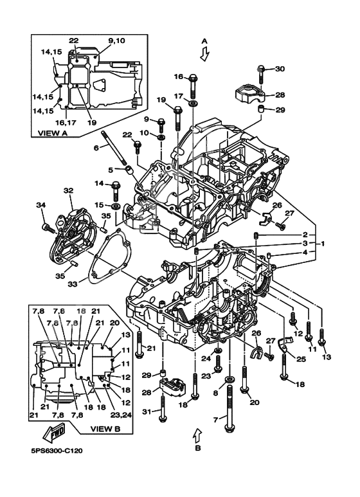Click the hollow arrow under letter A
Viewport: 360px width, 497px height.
pyautogui.click(x=204, y=54)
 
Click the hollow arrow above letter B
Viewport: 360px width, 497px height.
pyautogui.click(x=197, y=435)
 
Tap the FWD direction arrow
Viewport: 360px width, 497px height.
pyautogui.click(x=54, y=433)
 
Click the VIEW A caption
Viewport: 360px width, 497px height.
pyautogui.click(x=53, y=133)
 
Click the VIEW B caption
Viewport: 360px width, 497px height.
pyautogui.click(x=105, y=429)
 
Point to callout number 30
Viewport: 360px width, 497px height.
pyautogui.click(x=280, y=69)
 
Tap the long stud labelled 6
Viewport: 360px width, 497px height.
pyautogui.click(x=114, y=148)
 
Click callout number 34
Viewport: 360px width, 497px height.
pyautogui.click(x=40, y=204)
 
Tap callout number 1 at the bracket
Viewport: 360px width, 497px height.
pyautogui.click(x=322, y=244)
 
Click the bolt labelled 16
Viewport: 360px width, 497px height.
pyautogui.click(x=194, y=86)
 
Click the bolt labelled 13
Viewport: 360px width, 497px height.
pyautogui.click(x=322, y=338)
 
